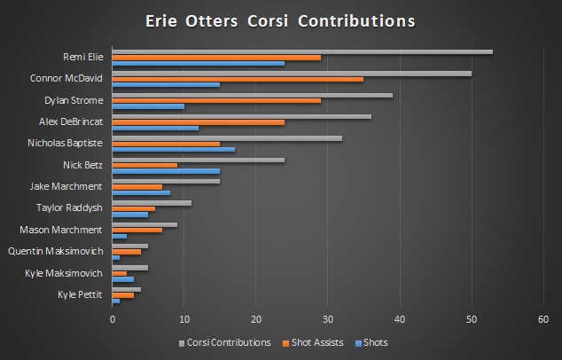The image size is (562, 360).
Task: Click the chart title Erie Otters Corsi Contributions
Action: pos(280,20)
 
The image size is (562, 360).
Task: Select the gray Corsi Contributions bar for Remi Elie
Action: pos(301,51)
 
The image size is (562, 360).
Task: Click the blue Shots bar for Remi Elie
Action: pos(199,63)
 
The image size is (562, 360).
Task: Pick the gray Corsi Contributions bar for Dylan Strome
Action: pos(252,95)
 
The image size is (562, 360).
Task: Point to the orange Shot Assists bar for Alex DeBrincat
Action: pos(199,122)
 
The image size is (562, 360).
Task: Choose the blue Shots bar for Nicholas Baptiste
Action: pos(174,149)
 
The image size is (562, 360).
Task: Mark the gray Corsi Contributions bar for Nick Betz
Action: pos(199,160)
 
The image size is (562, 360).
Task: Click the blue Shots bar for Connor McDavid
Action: pos(166,85)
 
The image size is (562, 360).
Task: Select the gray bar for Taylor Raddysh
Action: pos(152,203)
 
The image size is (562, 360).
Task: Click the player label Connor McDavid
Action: pos(66,79)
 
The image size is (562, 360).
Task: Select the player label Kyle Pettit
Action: pos(80,293)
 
